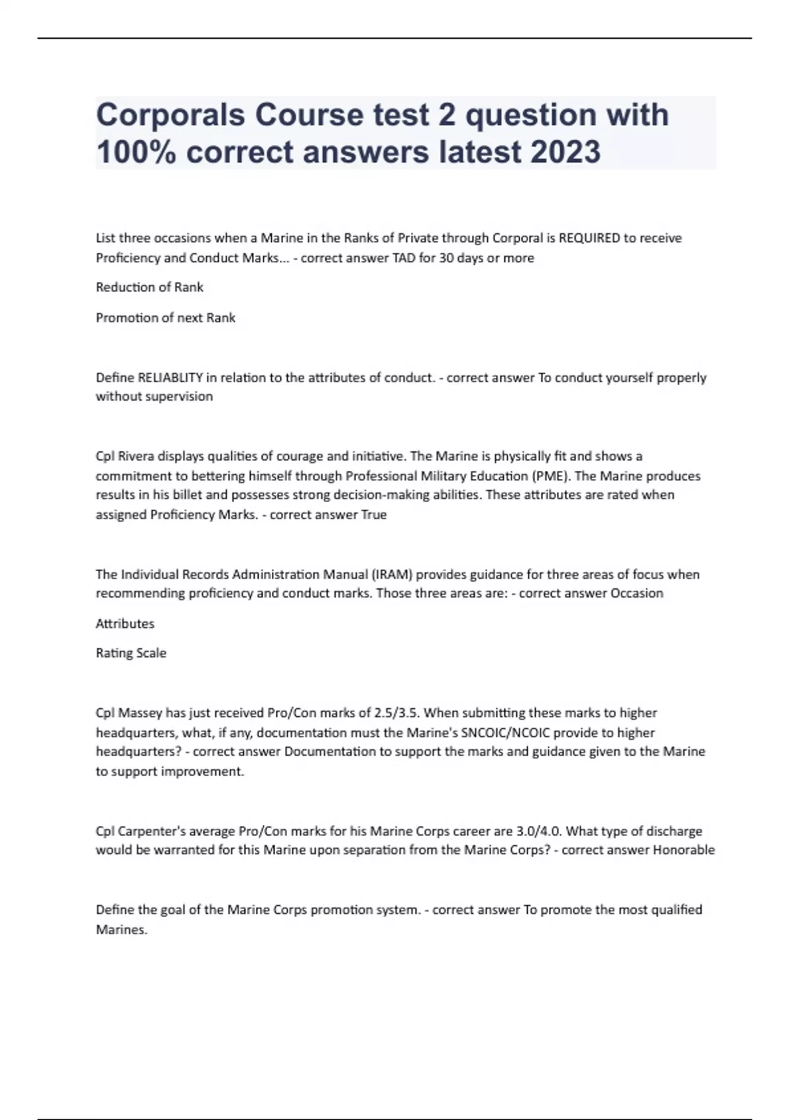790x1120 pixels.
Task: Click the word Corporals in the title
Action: (171, 115)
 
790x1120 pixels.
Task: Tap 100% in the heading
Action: (136, 152)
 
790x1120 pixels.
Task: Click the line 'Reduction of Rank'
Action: (149, 287)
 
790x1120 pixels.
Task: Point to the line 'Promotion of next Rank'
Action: (165, 318)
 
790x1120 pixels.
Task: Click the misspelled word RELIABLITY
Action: (170, 378)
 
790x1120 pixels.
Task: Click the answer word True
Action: (374, 515)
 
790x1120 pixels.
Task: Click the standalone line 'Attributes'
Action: (125, 623)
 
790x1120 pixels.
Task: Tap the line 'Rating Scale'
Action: (131, 653)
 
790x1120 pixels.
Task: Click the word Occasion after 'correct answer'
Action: (637, 593)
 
